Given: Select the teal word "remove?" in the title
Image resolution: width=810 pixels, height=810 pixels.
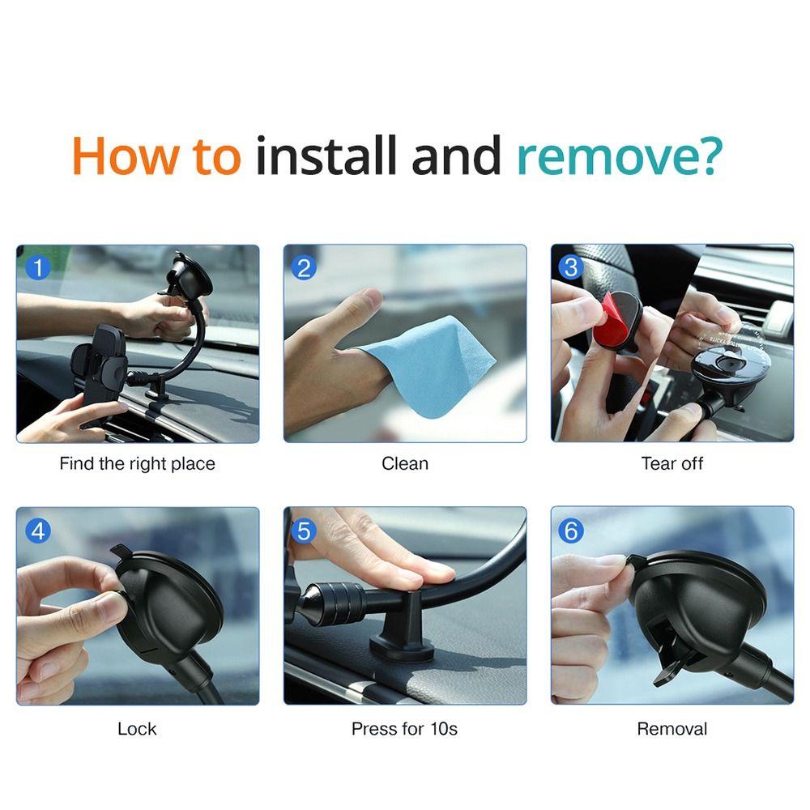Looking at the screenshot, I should point(618,157).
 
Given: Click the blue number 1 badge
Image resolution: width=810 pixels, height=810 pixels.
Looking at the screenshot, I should point(37,266).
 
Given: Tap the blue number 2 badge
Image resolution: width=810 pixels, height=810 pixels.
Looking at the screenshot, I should point(305,266).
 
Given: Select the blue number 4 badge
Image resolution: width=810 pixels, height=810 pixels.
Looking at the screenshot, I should point(37,531).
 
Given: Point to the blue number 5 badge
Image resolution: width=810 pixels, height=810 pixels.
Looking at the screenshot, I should point(305,531).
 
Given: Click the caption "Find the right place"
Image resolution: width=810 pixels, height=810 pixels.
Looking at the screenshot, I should point(137,464).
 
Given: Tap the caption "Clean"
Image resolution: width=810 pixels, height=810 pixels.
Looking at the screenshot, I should point(404,464).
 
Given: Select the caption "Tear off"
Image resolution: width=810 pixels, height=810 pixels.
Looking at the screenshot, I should point(671,464).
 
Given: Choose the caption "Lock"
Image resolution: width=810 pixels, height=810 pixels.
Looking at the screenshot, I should point(137,729).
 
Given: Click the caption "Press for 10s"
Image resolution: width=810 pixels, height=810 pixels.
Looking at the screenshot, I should point(404,729).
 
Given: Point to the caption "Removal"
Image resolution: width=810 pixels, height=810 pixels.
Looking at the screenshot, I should point(671,729).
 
